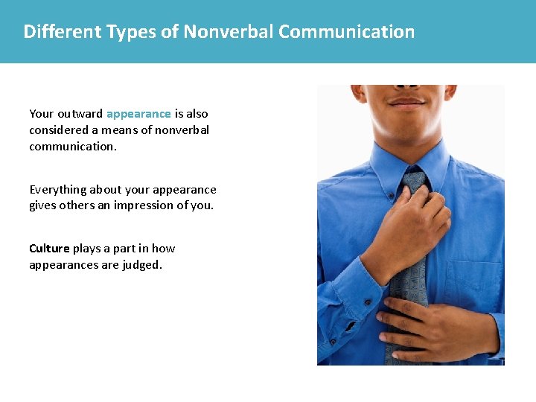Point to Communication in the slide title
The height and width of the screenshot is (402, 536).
point(346,32)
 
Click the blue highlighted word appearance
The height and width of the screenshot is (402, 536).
point(138,114)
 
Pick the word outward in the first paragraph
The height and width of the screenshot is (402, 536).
point(80,114)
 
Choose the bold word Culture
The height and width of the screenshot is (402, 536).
point(49,249)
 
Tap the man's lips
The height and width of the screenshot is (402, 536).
point(406,100)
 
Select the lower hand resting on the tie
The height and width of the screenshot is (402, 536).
point(439,328)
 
